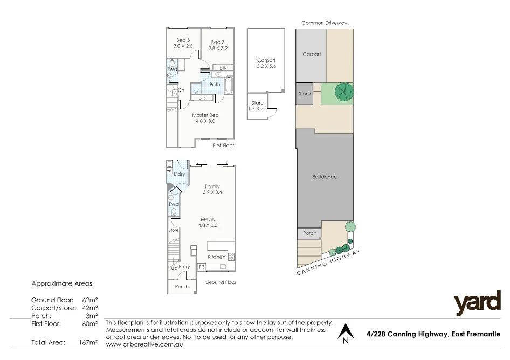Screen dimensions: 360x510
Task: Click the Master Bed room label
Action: (x=205, y=118)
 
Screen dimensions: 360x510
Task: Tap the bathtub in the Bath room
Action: (x=229, y=85)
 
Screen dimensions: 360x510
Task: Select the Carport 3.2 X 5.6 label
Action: (x=266, y=63)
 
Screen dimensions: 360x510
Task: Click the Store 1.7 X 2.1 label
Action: (x=258, y=106)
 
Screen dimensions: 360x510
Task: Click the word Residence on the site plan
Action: (x=325, y=177)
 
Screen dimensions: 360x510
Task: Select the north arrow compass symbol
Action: (x=345, y=333)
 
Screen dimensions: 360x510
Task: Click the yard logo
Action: (x=477, y=304)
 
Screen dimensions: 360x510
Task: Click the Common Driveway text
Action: (x=324, y=23)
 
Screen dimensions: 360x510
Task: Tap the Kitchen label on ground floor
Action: (x=217, y=257)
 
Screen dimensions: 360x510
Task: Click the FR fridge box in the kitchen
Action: (x=202, y=267)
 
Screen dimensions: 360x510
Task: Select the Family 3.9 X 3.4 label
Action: (x=212, y=189)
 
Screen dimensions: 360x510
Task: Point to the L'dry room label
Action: (x=179, y=174)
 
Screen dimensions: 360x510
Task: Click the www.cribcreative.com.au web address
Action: (x=145, y=344)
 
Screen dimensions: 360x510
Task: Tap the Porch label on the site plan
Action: (x=309, y=233)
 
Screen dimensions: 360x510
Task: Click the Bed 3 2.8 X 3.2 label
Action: (x=217, y=45)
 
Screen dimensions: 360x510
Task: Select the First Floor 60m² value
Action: (x=89, y=324)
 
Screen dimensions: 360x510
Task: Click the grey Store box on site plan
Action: (x=305, y=93)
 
